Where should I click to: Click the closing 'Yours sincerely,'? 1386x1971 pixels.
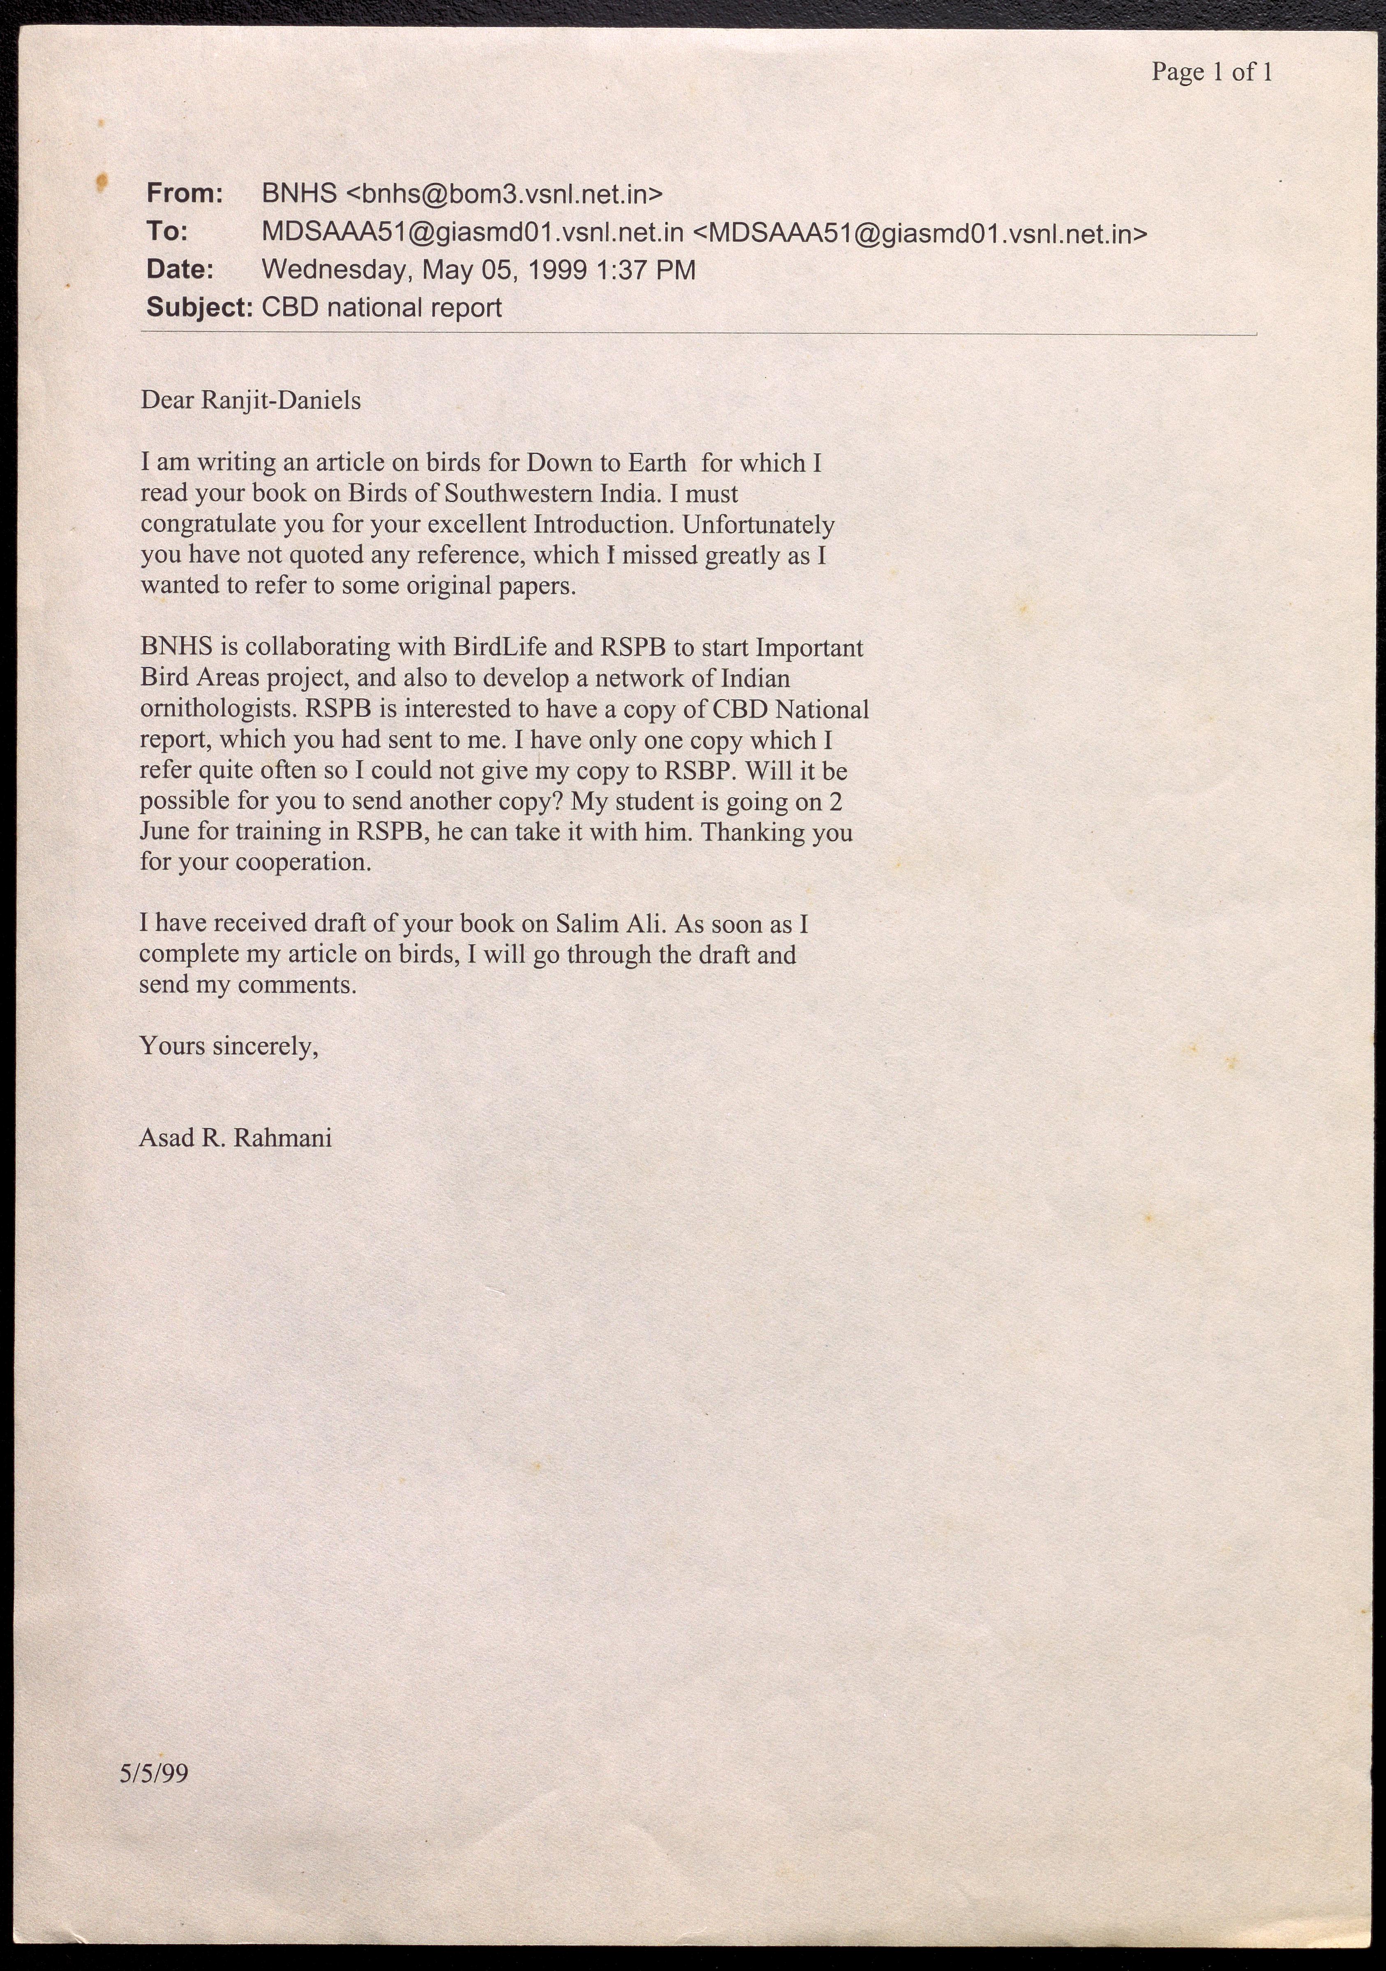(229, 1047)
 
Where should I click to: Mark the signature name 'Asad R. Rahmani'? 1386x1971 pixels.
(235, 1138)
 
